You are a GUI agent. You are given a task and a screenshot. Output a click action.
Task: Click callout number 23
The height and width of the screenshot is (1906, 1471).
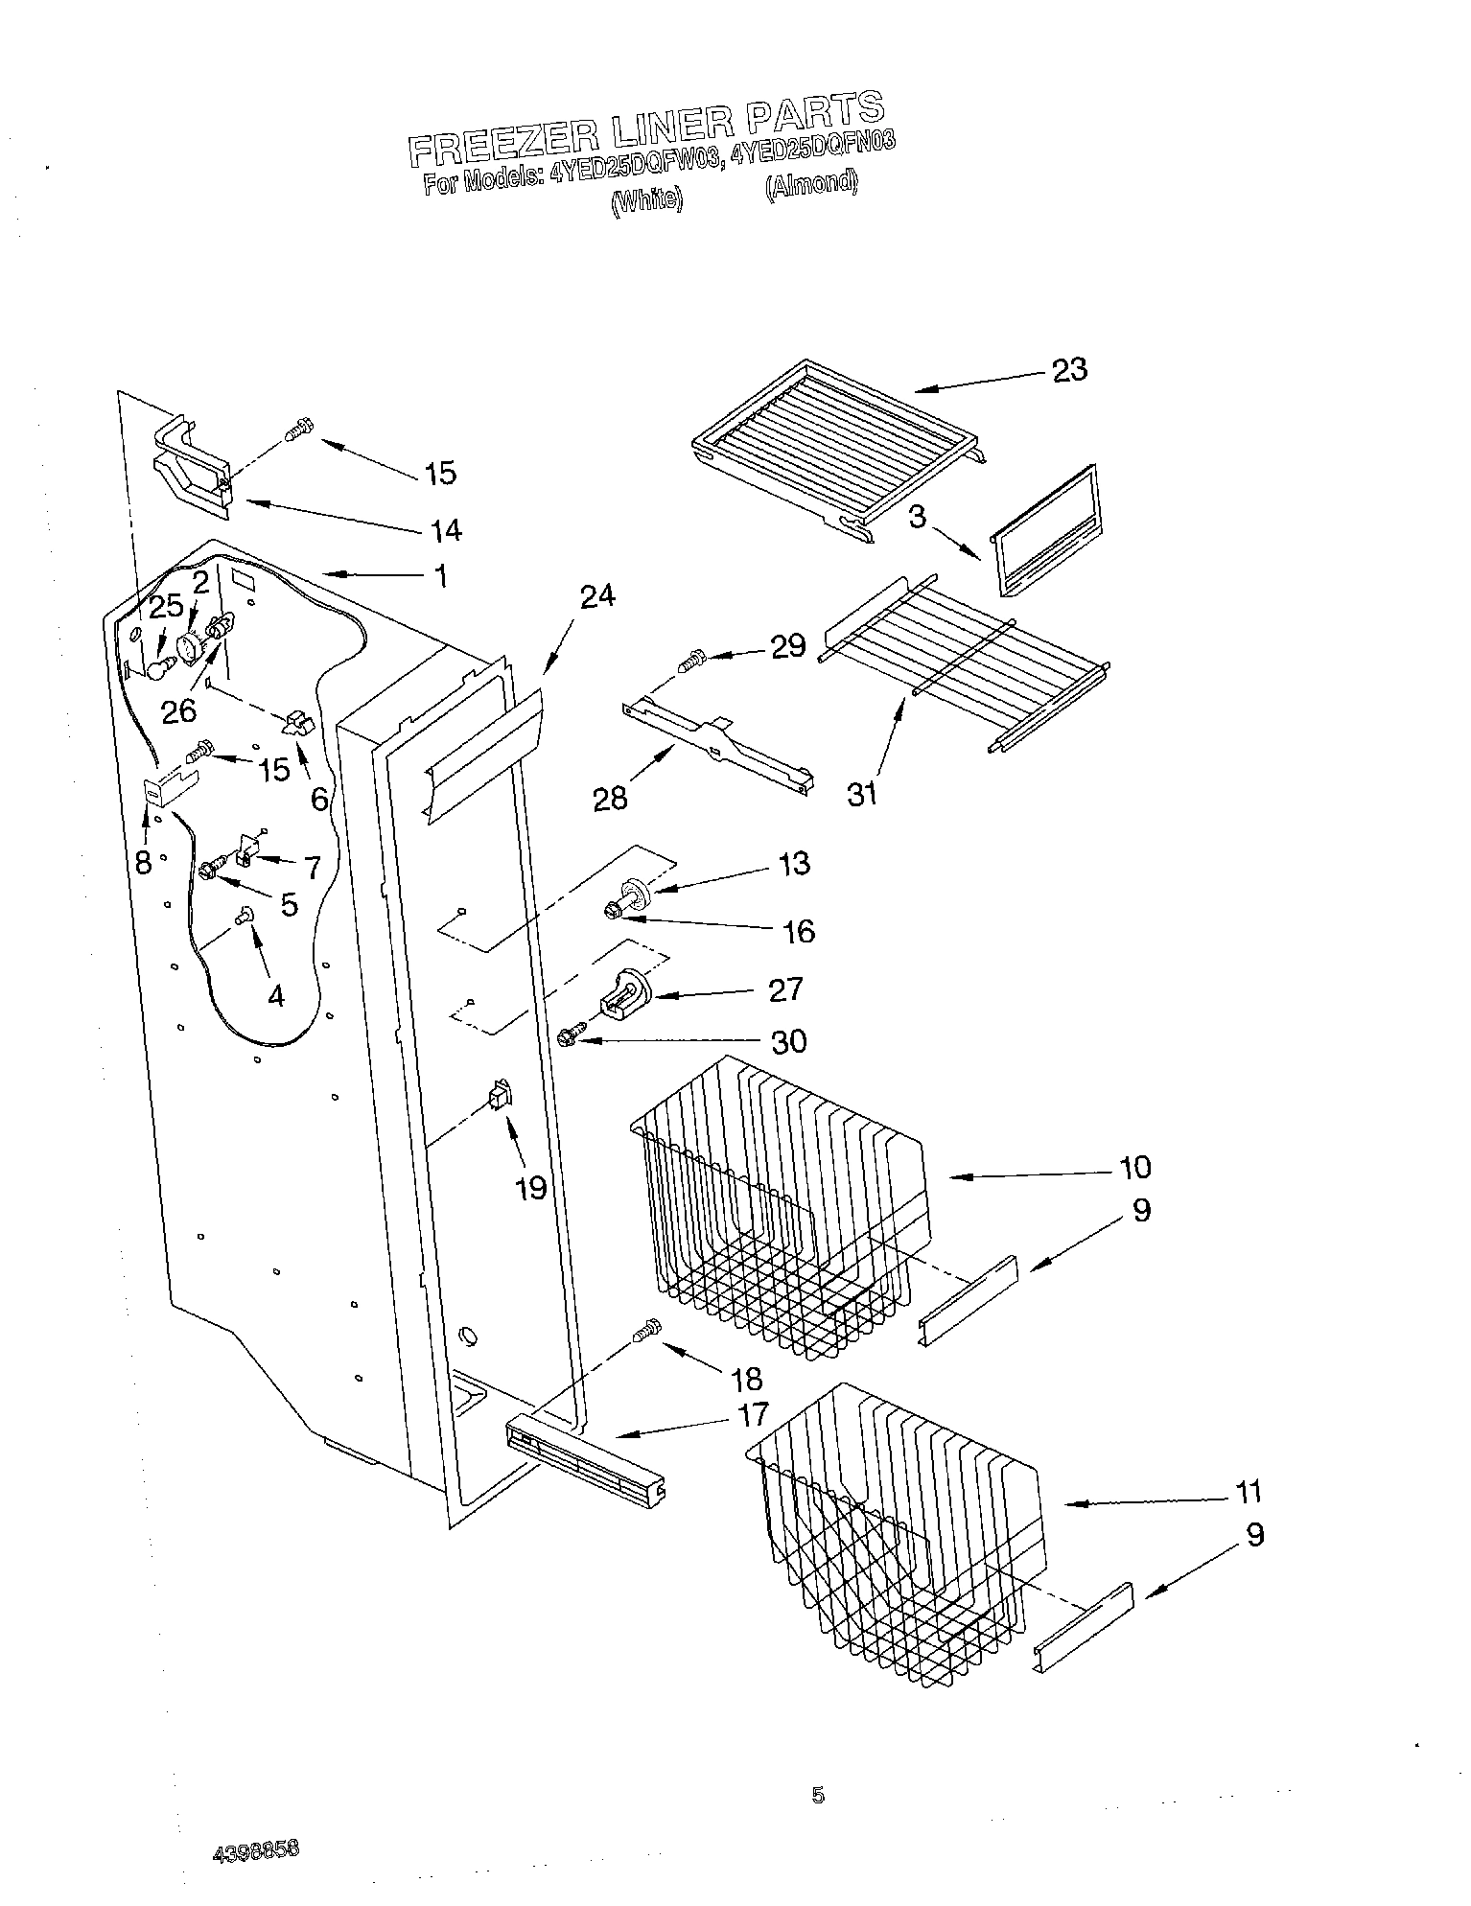[x=1070, y=370]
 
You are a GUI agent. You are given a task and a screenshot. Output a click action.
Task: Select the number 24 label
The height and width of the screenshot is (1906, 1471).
[x=597, y=596]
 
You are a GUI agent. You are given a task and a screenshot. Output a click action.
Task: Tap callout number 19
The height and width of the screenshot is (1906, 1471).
[x=530, y=1188]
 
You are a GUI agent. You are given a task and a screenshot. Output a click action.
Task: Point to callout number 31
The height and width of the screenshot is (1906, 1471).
[x=862, y=794]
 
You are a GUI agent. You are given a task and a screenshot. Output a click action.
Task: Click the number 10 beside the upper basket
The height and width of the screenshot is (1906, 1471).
[x=1134, y=1167]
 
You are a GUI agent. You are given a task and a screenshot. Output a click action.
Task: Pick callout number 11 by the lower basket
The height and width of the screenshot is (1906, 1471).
[x=1248, y=1492]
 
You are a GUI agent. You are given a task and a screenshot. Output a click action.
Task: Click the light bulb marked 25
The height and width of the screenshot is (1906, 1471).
[x=157, y=664]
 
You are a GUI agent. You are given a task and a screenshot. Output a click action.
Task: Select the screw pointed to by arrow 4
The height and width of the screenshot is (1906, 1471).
[x=243, y=918]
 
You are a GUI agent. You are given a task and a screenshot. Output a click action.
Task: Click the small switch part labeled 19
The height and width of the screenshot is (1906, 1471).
[x=500, y=1094]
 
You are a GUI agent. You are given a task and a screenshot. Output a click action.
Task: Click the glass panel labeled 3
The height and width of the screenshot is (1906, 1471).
[x=1040, y=530]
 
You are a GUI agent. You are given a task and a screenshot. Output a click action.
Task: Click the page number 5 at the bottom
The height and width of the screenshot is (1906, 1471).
[x=817, y=1795]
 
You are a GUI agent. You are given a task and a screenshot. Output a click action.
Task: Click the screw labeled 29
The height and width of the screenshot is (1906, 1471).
[x=690, y=661]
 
